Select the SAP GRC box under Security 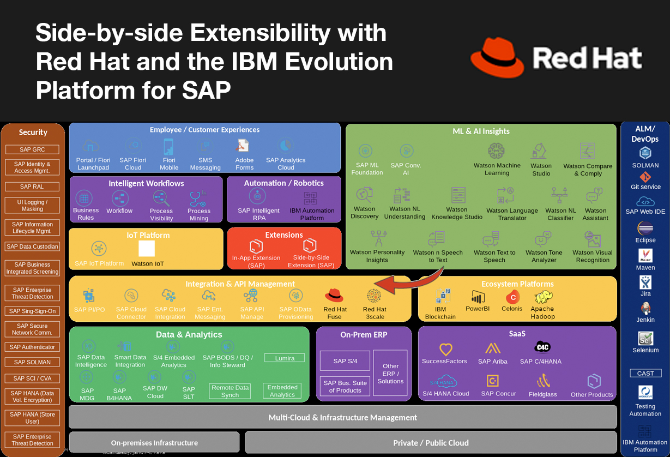[x=33, y=149]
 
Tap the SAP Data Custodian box [x=33, y=246]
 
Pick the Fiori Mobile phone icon [x=169, y=147]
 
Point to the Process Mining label [x=199, y=214]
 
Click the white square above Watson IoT [x=147, y=249]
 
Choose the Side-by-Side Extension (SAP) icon [x=310, y=245]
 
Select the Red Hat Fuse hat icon [x=334, y=296]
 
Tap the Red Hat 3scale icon [x=374, y=296]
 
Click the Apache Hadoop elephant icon [x=543, y=297]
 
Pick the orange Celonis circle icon [x=511, y=297]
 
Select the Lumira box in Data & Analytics [x=285, y=358]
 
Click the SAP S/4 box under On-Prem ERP [x=345, y=361]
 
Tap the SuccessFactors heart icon [x=445, y=349]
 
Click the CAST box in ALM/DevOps [x=645, y=374]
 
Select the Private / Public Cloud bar [x=431, y=443]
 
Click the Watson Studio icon [x=540, y=151]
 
